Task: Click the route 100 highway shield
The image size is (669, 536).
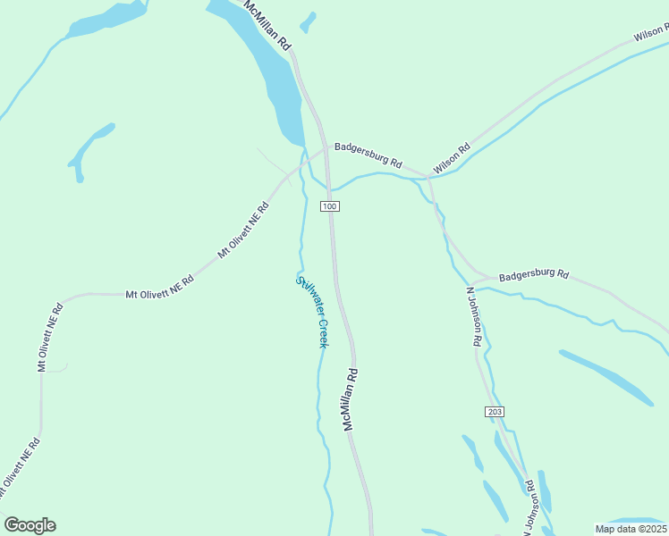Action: [x=330, y=206]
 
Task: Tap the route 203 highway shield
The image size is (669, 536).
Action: [x=495, y=411]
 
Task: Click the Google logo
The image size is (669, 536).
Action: [x=30, y=525]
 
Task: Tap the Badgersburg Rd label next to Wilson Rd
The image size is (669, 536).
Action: [x=368, y=154]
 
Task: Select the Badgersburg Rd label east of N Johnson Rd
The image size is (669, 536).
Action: [x=534, y=275]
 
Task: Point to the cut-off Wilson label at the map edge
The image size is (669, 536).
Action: [x=651, y=34]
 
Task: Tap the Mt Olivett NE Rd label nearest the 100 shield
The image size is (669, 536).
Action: [x=244, y=230]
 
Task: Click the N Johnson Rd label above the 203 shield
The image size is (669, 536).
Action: [x=474, y=317]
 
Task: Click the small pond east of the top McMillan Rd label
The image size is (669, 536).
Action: [x=308, y=21]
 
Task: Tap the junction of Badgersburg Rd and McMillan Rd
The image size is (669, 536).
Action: [x=326, y=147]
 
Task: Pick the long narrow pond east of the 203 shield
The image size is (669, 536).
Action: [x=606, y=377]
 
